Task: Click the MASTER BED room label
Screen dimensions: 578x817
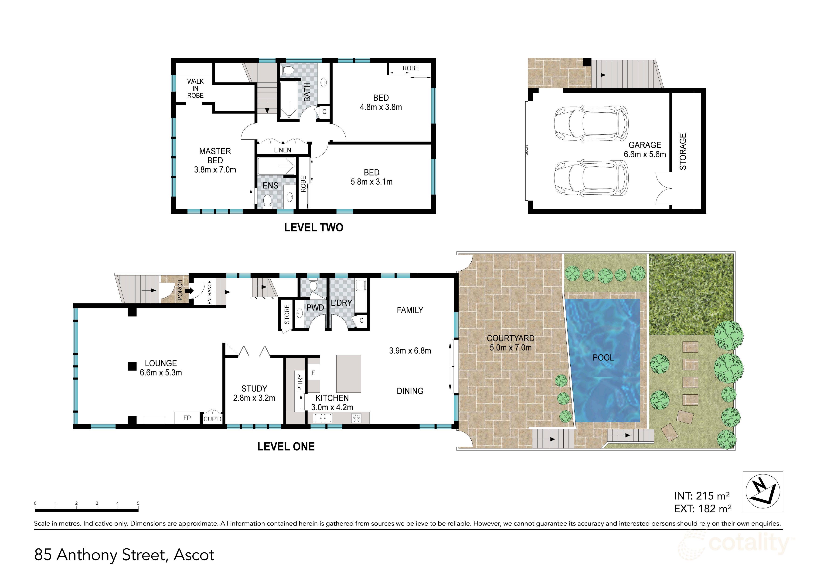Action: (215, 156)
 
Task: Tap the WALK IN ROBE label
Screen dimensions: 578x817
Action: (195, 89)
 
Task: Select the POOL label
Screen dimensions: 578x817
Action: (603, 358)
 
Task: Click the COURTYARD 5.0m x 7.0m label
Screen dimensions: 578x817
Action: (510, 343)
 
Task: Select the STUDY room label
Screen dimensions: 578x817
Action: (254, 389)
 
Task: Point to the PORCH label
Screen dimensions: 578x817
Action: (180, 289)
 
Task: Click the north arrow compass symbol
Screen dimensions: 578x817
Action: (763, 492)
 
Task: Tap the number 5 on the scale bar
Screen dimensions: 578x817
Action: (138, 503)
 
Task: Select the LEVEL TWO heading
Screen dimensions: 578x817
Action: (313, 227)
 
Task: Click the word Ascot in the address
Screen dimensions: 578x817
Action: (194, 555)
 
